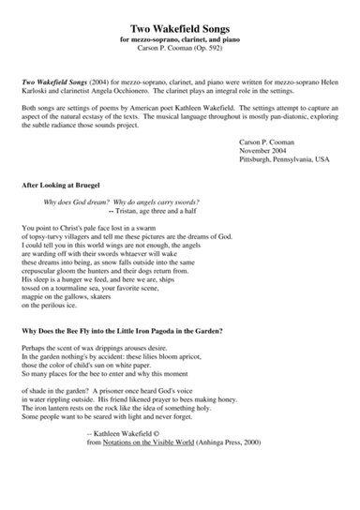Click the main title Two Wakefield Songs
coord(180,30)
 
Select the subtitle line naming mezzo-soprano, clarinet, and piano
coord(180,43)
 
